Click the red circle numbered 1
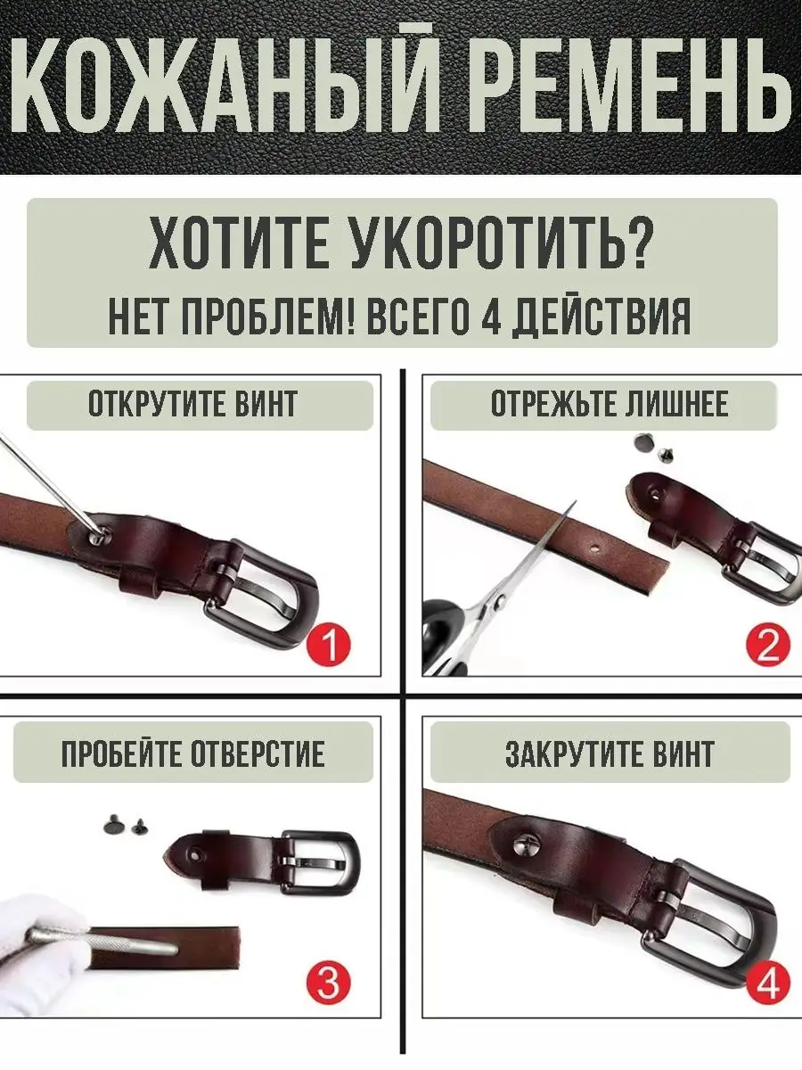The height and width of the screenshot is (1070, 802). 328,645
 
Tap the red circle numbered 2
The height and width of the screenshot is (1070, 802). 768,645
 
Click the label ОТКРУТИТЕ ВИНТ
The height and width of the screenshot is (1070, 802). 192,404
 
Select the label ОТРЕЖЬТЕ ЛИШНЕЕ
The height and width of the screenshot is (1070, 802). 610,404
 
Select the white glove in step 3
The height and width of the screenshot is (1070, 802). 39,956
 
